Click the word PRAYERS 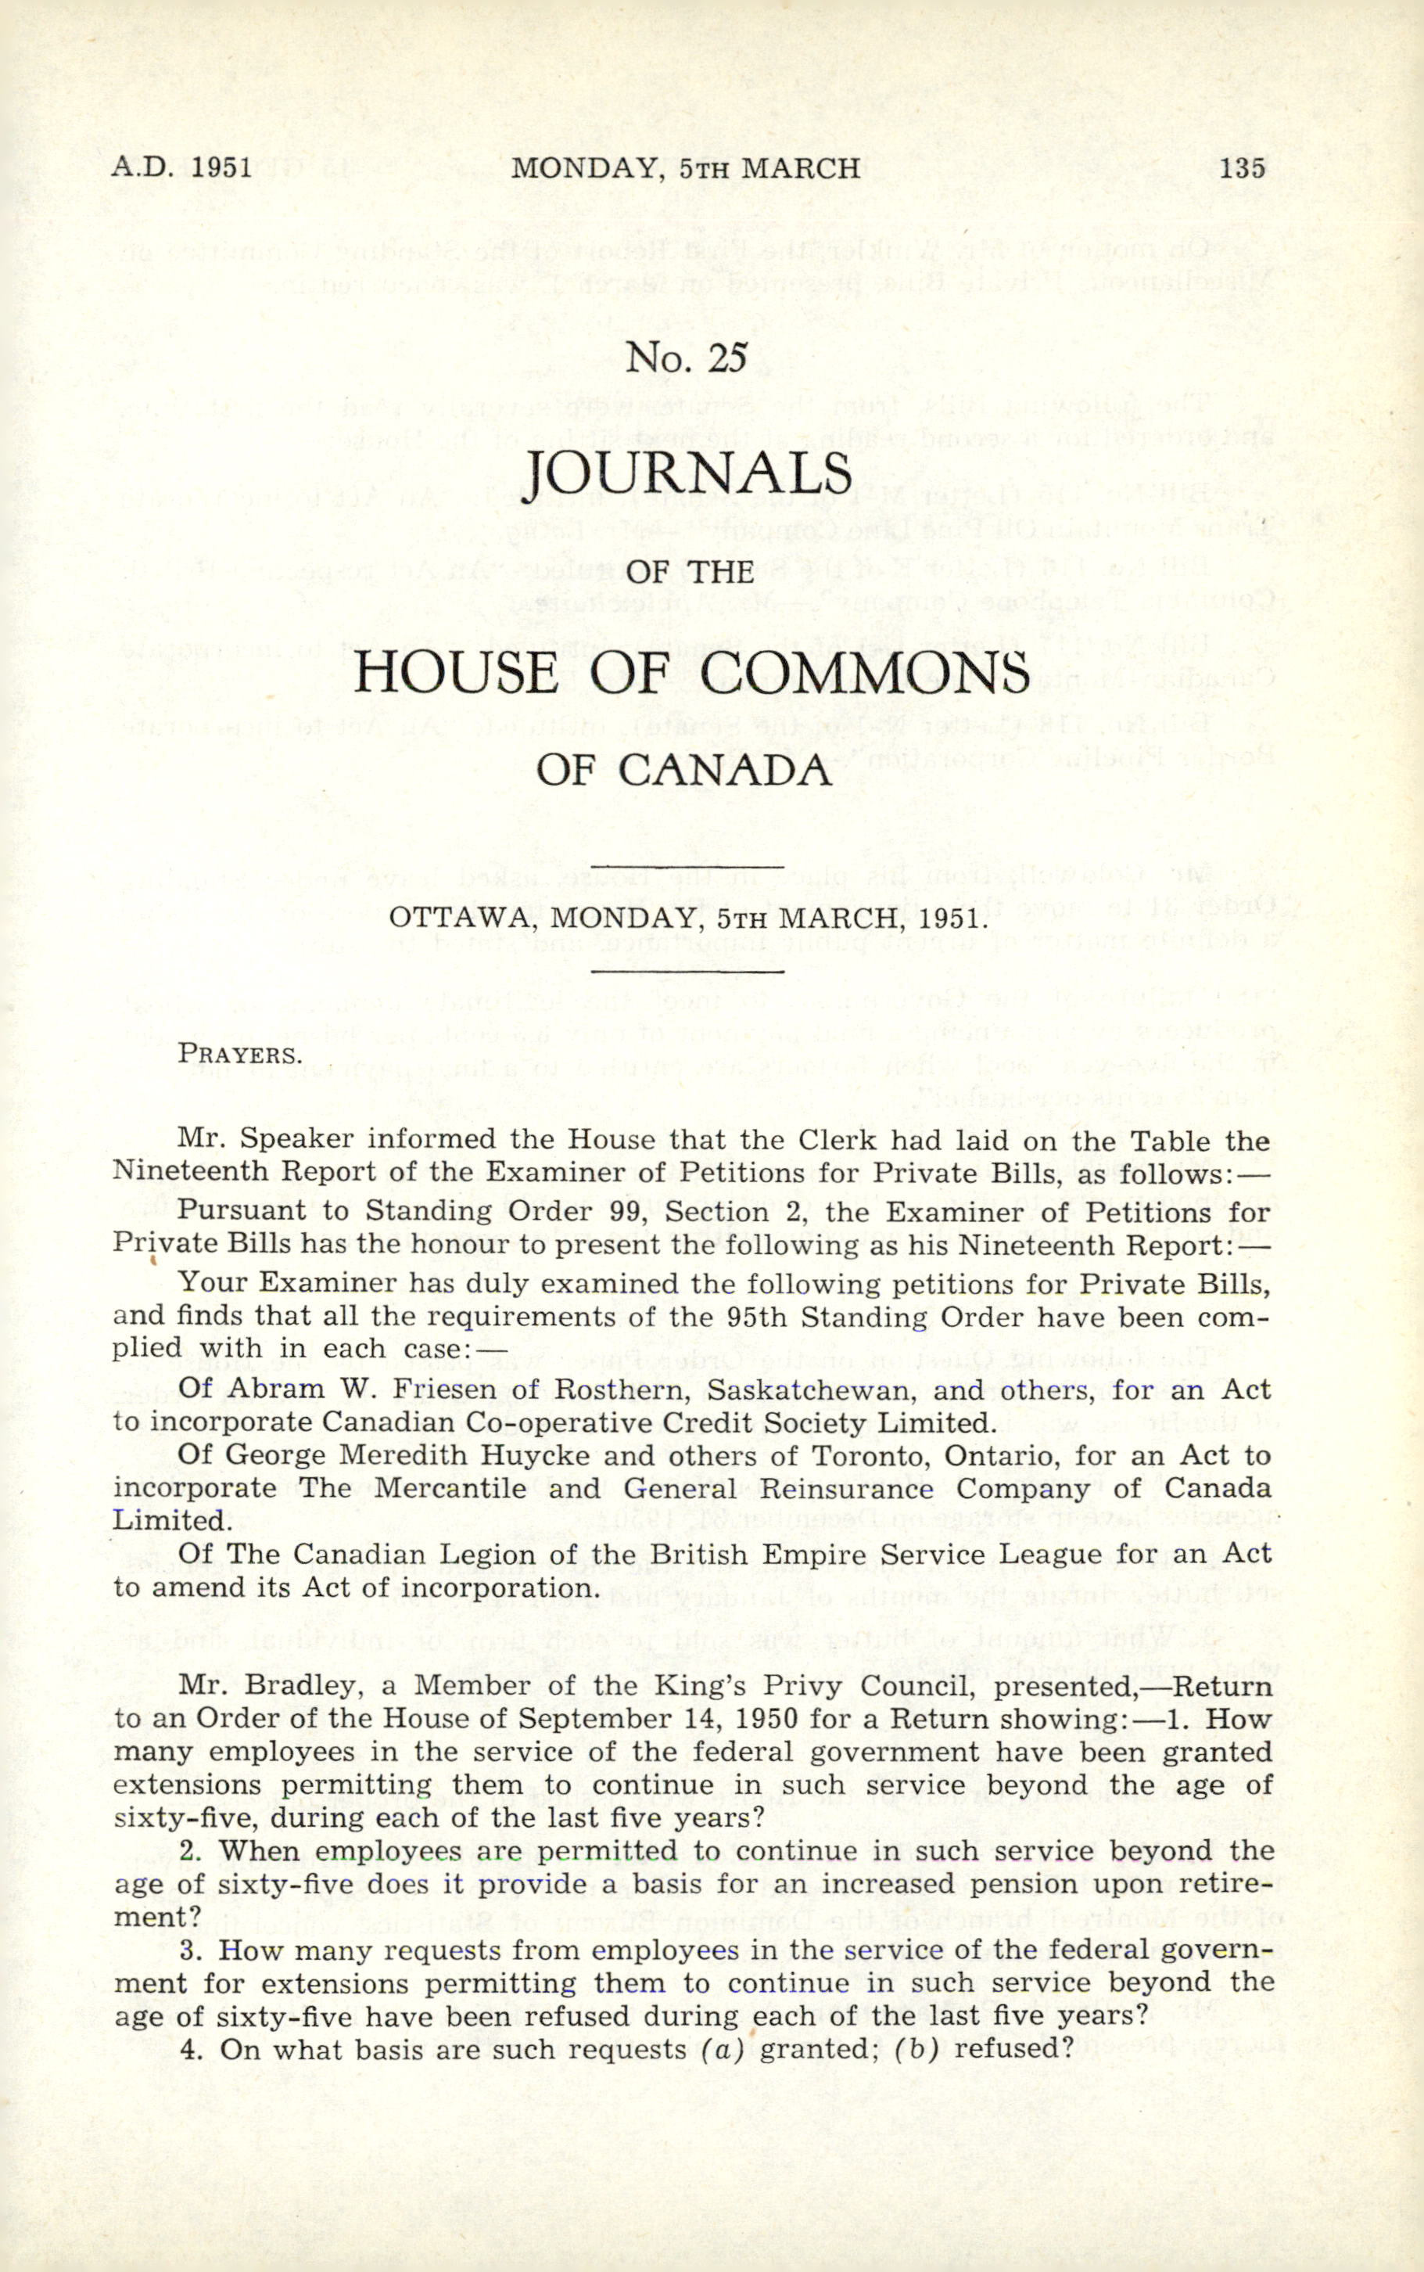240,1054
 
